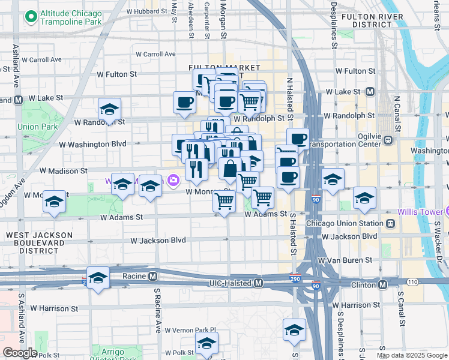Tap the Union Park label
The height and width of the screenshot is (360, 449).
37,127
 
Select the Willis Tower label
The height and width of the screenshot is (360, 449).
420,212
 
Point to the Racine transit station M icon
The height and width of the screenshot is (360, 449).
153,277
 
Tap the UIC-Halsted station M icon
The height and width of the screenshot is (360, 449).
258,283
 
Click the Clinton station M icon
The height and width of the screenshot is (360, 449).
382,283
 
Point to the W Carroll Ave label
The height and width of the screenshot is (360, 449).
40,59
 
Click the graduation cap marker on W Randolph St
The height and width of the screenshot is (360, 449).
109,110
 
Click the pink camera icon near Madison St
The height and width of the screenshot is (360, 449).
173,179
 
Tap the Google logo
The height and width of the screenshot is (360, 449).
20,353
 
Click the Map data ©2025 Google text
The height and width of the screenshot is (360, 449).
412,355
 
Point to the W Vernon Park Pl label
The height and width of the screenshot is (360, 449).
195,329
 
